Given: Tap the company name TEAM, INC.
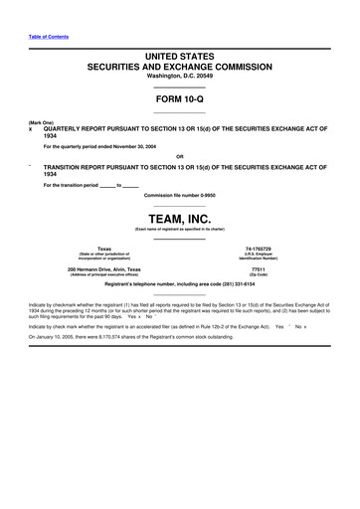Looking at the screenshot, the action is click(x=180, y=216).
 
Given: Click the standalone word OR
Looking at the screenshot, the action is click(x=180, y=156).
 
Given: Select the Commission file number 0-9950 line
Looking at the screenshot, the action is click(x=180, y=195).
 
